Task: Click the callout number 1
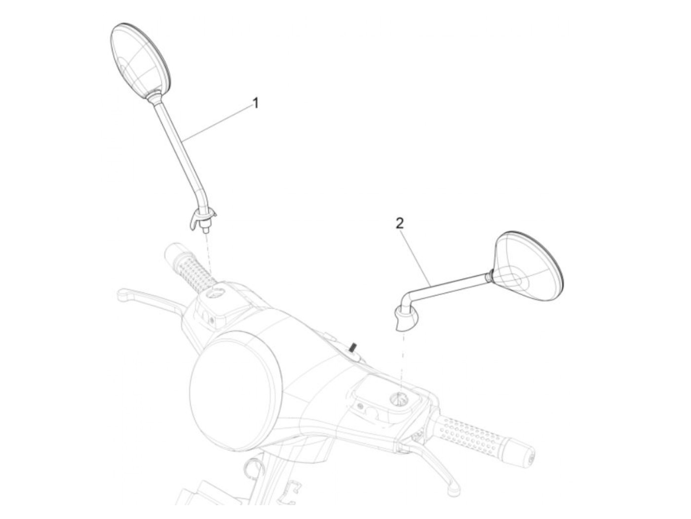pos(255,103)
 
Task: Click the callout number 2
pos(400,223)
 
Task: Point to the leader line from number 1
pos(220,122)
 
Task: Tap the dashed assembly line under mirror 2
pos(403,360)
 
